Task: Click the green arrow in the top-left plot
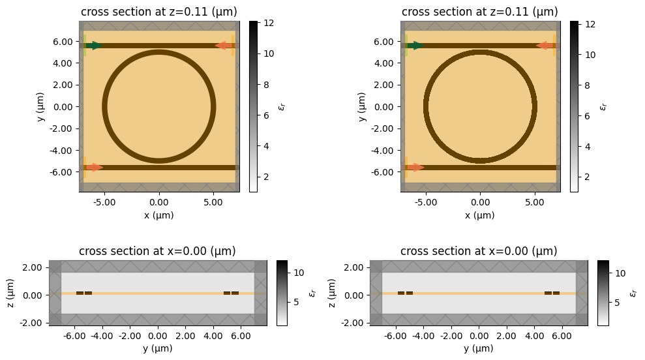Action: (x=95, y=46)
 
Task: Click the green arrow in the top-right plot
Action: (x=416, y=46)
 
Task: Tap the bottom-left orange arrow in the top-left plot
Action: (x=95, y=168)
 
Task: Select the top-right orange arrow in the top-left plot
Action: (x=223, y=46)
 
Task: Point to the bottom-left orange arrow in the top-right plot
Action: (x=416, y=168)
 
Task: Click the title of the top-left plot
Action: (x=159, y=12)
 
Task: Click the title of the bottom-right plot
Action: (x=479, y=251)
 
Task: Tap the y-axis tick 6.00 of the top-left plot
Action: (x=65, y=41)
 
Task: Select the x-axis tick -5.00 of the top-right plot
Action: (x=426, y=202)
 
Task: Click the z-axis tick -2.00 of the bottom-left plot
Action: (x=33, y=323)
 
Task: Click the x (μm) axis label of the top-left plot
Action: (x=159, y=215)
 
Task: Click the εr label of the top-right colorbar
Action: (x=603, y=106)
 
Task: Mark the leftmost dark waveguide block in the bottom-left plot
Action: (x=80, y=293)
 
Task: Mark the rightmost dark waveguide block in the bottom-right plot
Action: (x=556, y=293)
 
